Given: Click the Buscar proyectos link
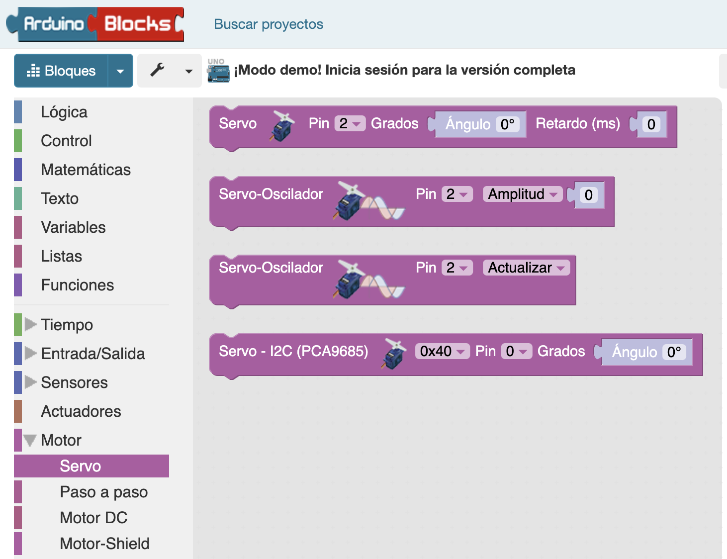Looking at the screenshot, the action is tap(269, 24).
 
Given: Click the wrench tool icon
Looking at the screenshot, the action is tap(157, 70).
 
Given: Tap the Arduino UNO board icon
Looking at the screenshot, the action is tap(218, 71).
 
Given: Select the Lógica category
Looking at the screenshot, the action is tap(64, 112).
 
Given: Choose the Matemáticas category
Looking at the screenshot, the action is tap(86, 170).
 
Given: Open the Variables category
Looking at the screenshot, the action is tap(73, 227).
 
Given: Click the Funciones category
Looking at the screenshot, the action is tap(77, 285).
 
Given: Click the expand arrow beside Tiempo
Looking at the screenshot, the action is tap(30, 324).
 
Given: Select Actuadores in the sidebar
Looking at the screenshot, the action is tap(81, 411).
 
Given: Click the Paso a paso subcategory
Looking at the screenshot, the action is tap(104, 492).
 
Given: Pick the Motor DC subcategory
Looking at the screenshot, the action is tap(93, 518).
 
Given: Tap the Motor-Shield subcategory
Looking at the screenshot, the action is tap(104, 543).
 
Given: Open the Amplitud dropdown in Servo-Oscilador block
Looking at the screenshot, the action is tap(523, 194).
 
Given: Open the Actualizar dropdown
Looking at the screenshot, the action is tap(526, 268).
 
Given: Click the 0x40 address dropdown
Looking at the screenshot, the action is tap(442, 351).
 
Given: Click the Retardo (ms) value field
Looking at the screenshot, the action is tap(651, 124).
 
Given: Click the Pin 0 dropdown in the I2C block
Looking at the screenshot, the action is tap(516, 351).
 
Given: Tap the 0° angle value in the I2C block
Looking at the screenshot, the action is tap(674, 352).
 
